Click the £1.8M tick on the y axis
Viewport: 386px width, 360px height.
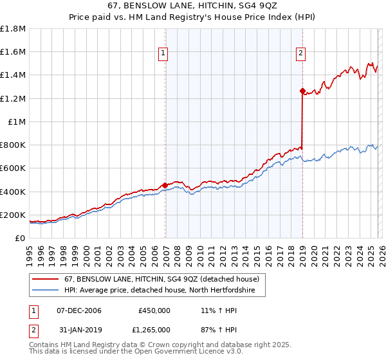pos(13,29)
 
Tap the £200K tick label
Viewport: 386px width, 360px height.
pos(13,215)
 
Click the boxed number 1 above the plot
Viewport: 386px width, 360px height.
pos(164,53)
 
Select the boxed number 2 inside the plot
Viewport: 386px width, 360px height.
pos(300,53)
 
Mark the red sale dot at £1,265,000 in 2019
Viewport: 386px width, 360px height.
pos(302,91)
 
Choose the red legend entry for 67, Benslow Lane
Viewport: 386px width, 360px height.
pos(161,279)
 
